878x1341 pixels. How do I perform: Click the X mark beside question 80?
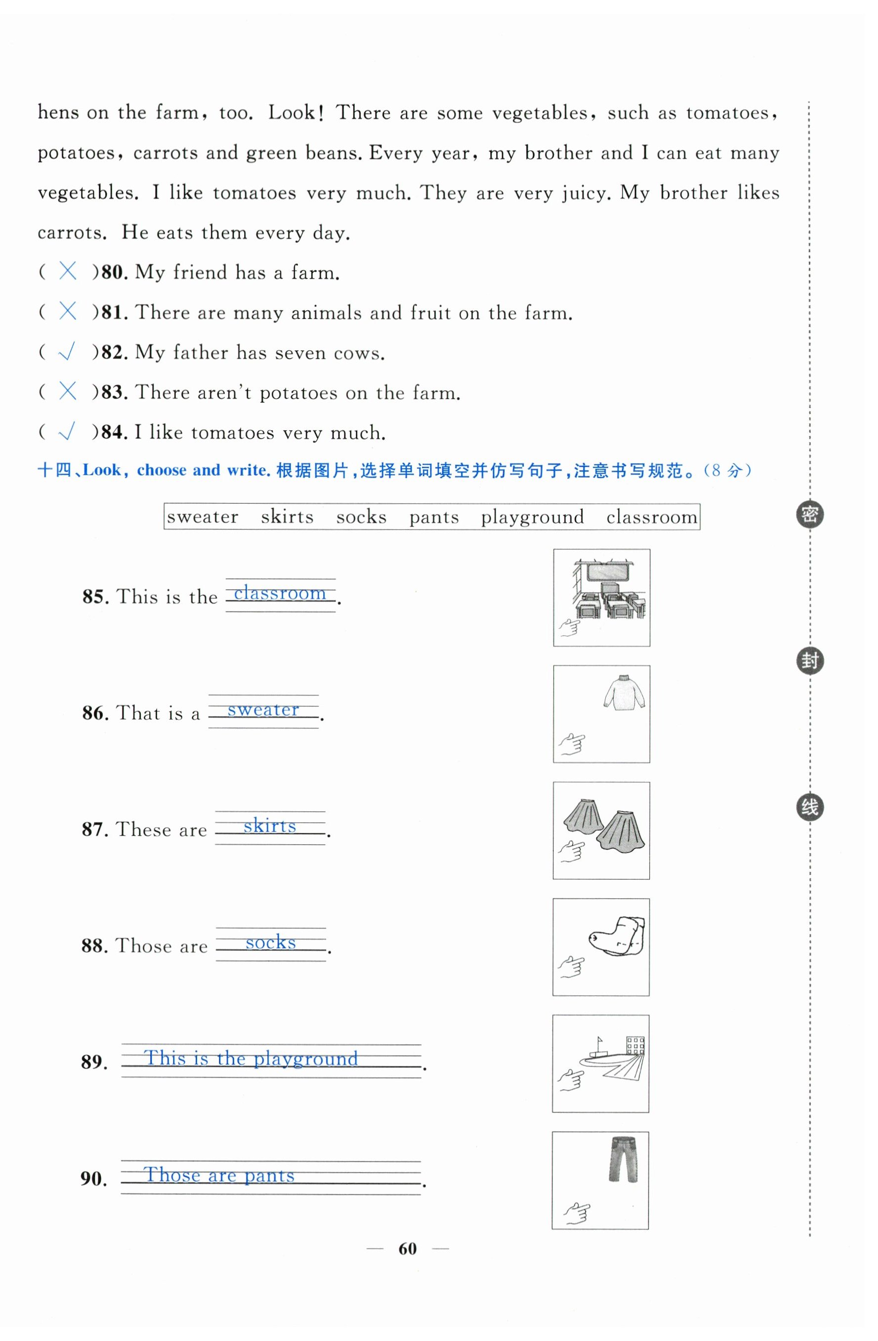[68, 272]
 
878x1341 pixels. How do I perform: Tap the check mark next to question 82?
[67, 352]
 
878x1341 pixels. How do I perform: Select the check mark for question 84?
[67, 432]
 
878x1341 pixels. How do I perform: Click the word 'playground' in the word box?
[532, 517]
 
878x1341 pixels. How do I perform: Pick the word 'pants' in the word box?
[434, 517]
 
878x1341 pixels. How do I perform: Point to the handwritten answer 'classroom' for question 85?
[280, 593]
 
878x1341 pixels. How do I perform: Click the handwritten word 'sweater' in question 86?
[263, 710]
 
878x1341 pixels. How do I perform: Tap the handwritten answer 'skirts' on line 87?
[269, 826]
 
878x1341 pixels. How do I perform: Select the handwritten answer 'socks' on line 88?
[270, 942]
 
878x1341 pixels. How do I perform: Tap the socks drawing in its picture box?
[618, 936]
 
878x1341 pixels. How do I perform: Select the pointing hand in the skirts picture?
[572, 851]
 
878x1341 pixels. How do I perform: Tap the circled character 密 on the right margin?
[809, 515]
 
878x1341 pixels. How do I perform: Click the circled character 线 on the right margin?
[809, 807]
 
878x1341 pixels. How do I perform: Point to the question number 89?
[93, 1062]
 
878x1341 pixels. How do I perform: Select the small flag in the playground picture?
[600, 1040]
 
